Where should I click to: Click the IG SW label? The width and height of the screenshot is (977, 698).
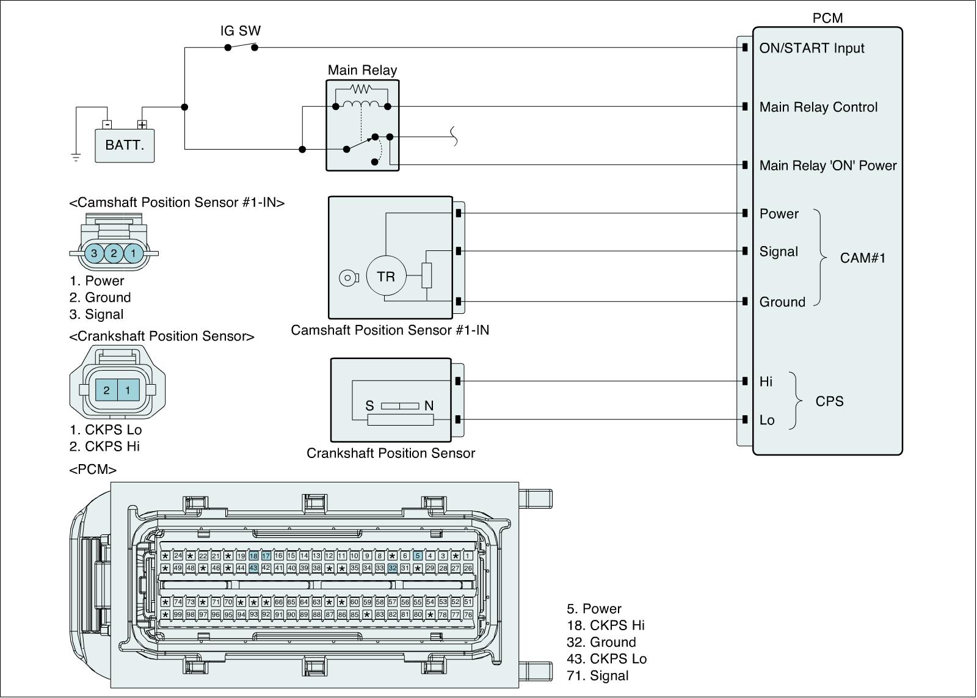(x=241, y=31)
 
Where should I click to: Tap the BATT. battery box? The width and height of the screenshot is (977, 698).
(x=125, y=145)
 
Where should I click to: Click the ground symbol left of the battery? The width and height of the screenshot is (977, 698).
(x=76, y=157)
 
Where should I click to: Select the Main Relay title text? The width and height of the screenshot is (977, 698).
(x=362, y=70)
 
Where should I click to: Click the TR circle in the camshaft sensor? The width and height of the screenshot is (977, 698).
(x=386, y=277)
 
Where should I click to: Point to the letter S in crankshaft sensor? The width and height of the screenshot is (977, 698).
(x=369, y=406)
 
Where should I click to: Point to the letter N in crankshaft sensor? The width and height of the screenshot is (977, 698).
(x=429, y=406)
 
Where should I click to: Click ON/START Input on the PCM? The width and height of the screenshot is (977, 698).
(x=812, y=48)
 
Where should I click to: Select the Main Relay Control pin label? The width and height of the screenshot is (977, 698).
(x=818, y=107)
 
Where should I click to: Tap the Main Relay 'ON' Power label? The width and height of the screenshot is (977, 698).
(x=827, y=165)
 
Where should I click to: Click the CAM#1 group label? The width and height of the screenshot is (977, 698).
(x=862, y=258)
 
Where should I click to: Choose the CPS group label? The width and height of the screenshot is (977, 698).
(x=829, y=401)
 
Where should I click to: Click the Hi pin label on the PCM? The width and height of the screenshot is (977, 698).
(x=766, y=382)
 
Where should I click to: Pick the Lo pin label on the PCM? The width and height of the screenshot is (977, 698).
(x=766, y=420)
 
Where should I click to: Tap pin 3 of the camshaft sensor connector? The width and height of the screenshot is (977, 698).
(x=94, y=253)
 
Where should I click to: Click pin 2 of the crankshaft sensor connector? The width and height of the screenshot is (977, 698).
(x=106, y=390)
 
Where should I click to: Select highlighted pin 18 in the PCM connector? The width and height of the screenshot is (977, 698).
(x=253, y=556)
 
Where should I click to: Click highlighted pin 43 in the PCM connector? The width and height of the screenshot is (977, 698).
(x=253, y=568)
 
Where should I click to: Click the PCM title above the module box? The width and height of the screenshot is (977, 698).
(x=827, y=18)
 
